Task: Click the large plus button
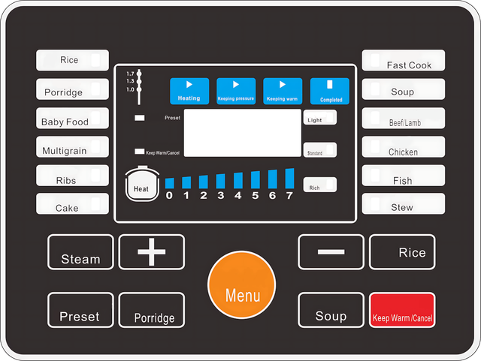pos(152,252)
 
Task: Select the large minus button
pos(331,251)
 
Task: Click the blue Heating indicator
pos(189,91)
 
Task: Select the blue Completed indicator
pos(331,91)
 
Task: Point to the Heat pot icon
pos(141,187)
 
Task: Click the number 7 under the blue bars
pos(289,196)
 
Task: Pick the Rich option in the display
pos(319,185)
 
